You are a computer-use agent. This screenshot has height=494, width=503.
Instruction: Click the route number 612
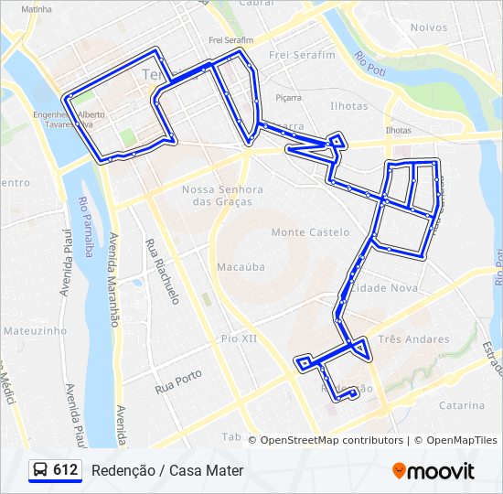65,470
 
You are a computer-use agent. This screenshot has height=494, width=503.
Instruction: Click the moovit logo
433,471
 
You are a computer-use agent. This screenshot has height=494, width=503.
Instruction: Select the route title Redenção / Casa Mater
167,470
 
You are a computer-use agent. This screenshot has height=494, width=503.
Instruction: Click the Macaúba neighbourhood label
241,267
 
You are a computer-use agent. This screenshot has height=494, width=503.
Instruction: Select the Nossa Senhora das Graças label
222,195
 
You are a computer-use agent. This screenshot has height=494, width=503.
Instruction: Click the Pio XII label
240,338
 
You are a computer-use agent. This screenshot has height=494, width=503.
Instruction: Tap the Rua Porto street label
178,381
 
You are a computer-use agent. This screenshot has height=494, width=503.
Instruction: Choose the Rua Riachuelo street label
162,272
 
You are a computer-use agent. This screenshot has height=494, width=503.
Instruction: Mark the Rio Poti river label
371,64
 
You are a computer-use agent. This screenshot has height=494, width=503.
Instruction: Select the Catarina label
461,405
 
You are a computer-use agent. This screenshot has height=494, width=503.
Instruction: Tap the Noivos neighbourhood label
429,27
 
